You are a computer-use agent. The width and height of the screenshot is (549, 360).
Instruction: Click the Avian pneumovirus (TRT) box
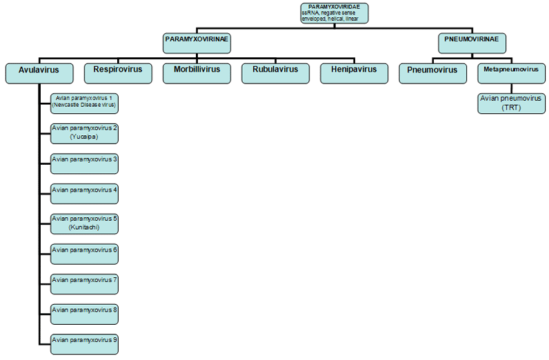(511, 103)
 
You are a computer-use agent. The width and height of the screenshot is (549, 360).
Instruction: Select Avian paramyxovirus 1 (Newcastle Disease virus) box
(84, 103)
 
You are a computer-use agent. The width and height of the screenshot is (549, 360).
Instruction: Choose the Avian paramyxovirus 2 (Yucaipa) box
(84, 133)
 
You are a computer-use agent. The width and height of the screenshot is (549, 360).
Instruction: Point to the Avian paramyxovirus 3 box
(84, 163)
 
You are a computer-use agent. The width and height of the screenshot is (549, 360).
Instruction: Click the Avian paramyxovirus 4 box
(84, 193)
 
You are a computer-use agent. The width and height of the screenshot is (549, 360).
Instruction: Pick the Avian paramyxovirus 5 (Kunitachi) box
(84, 223)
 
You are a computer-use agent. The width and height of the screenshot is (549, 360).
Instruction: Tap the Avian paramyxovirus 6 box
(84, 253)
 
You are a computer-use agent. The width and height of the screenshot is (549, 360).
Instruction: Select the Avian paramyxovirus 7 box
(84, 283)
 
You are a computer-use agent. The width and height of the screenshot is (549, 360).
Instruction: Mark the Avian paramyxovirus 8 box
(84, 313)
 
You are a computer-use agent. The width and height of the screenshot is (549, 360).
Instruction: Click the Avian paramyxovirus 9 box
(84, 343)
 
